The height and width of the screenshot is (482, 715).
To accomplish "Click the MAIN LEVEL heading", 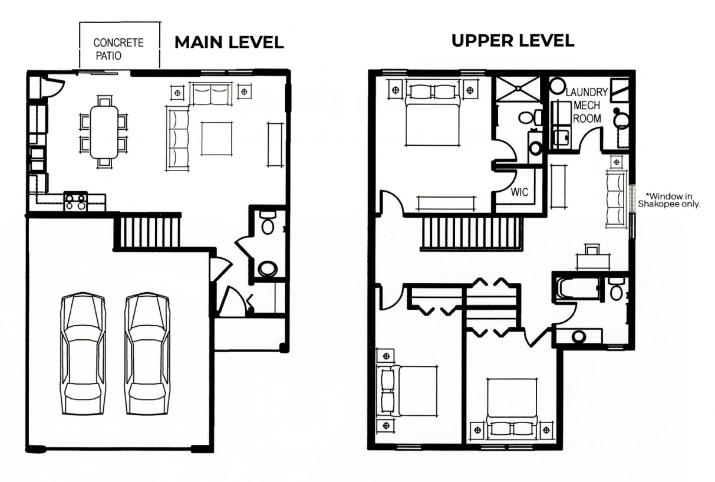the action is tap(229, 42).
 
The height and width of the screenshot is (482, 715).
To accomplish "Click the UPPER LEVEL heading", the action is tap(513, 41).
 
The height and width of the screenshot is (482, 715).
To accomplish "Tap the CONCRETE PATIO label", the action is tap(118, 49).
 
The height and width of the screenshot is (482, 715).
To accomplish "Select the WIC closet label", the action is tap(520, 192).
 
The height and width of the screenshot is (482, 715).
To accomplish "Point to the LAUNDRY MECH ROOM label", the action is tap(587, 106).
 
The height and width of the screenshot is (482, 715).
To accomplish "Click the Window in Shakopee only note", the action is tap(668, 200).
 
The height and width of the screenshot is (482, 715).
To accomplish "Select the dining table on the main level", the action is tap(104, 132).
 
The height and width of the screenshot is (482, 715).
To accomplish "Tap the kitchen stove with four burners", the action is tap(75, 202).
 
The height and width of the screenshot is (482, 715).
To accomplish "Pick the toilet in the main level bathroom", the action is tap(268, 222).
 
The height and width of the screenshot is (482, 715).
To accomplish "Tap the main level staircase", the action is tap(147, 232).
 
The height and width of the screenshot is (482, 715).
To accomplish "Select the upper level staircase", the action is tap(471, 234).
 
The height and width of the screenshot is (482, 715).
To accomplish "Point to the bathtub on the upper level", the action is tap(578, 288).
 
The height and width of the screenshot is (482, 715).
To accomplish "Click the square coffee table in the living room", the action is tap(217, 139).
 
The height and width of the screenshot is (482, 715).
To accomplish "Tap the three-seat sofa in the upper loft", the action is tap(616, 199).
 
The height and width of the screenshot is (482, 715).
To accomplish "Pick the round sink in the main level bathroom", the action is tap(268, 269).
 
